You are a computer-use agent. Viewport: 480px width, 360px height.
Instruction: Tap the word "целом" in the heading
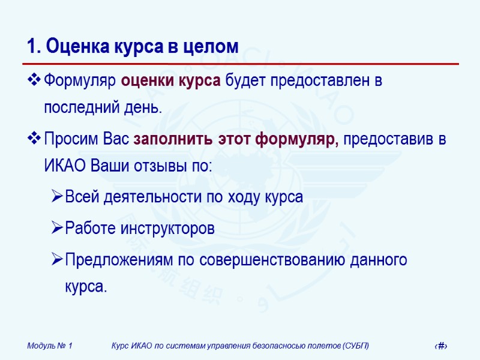[x=212, y=46]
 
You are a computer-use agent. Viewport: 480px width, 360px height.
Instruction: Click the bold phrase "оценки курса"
[x=171, y=80]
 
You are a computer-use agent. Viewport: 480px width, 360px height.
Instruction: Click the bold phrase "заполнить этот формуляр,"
[x=236, y=140]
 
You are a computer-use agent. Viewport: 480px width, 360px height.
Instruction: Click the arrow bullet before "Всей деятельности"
[x=57, y=197]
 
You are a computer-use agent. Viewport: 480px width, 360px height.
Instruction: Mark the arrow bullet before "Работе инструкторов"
[x=57, y=229]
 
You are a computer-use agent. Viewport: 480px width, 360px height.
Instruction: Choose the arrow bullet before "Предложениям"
[x=57, y=260]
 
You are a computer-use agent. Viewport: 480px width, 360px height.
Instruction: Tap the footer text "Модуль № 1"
[x=50, y=346]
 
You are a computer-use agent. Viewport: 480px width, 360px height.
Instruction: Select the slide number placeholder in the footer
[x=442, y=346]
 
